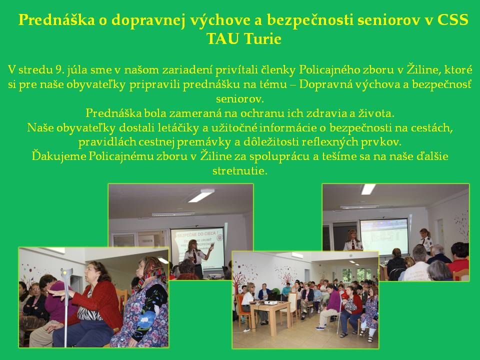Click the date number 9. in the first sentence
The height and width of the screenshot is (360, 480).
tap(53, 69)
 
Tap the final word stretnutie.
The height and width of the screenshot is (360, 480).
tap(240, 170)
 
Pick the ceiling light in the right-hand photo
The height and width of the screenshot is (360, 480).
tap(368, 189)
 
